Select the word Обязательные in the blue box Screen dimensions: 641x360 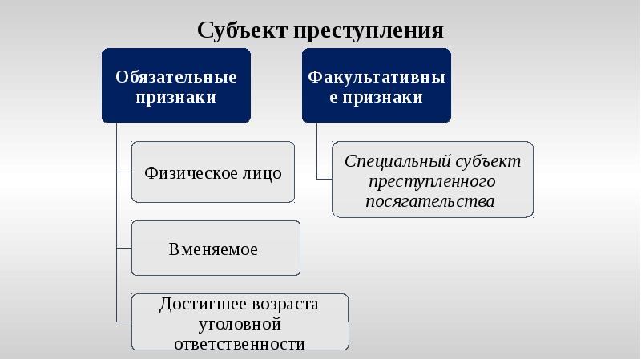pyautogui.click(x=176, y=78)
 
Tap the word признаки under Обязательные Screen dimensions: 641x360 pyautogui.click(x=176, y=98)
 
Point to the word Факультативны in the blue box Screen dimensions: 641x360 pyautogui.click(x=377, y=78)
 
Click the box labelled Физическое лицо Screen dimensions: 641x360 pyautogui.click(x=212, y=172)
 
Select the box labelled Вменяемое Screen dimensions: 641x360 pyautogui.click(x=216, y=249)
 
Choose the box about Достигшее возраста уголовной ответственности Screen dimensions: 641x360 pyautogui.click(x=240, y=322)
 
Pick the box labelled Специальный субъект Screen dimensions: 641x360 pyautogui.click(x=433, y=180)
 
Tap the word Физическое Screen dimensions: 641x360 pyautogui.click(x=191, y=173)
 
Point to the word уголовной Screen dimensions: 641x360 pyautogui.click(x=240, y=325)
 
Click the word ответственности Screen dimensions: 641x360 pyautogui.click(x=240, y=344)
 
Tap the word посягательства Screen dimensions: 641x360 pyautogui.click(x=430, y=200)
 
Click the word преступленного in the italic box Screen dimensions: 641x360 pyautogui.click(x=433, y=180)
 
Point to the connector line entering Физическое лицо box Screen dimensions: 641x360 pyautogui.click(x=124, y=172)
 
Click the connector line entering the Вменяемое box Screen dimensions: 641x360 pyautogui.click(x=124, y=248)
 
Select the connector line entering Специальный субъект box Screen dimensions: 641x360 pyautogui.click(x=325, y=178)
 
